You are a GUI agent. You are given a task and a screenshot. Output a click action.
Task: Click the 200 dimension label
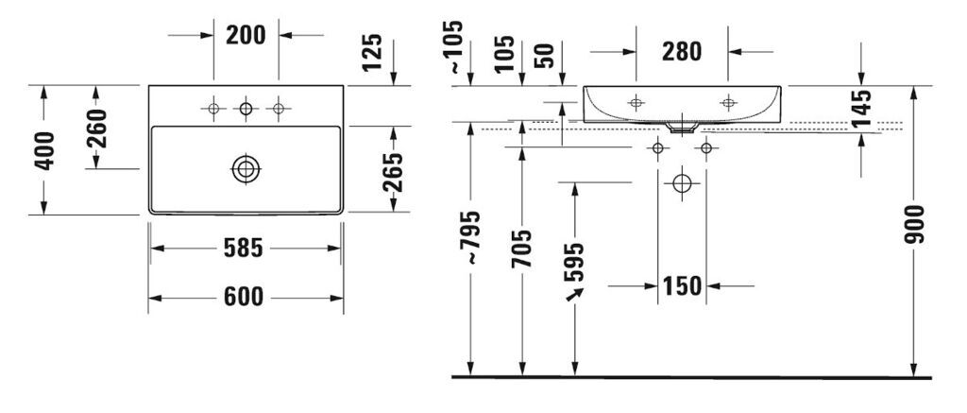click(x=246, y=35)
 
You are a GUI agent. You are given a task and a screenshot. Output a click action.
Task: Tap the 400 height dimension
click(x=44, y=150)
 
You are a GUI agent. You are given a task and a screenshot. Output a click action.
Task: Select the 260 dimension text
click(x=96, y=128)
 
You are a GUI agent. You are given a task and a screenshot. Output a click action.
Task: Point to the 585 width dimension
click(x=243, y=249)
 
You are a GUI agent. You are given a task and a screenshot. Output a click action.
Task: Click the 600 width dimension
click(x=243, y=298)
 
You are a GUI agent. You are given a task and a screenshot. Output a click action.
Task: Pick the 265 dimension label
click(x=394, y=172)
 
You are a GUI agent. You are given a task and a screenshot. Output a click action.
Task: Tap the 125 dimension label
click(x=372, y=52)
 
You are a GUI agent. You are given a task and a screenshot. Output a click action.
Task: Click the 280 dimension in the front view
click(x=682, y=52)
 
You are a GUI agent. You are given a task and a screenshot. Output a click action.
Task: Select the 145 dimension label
click(x=861, y=109)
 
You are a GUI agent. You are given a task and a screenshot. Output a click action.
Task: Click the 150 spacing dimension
click(x=682, y=285)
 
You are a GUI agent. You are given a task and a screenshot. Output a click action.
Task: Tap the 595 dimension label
click(x=575, y=261)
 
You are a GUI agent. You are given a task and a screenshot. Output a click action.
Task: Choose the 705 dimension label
click(x=522, y=249)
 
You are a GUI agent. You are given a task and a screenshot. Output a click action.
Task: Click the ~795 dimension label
click(x=470, y=237)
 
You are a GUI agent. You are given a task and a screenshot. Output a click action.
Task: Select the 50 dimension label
click(x=546, y=56)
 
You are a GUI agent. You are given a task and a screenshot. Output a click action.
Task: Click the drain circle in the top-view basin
click(x=246, y=169)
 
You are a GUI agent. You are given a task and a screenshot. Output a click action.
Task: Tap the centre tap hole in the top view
click(x=246, y=110)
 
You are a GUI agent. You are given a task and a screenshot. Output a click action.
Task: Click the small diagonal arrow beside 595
click(x=575, y=295)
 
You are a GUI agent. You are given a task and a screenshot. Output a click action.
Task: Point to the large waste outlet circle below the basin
click(x=682, y=182)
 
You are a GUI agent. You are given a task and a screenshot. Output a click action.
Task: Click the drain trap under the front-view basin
click(x=682, y=127)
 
